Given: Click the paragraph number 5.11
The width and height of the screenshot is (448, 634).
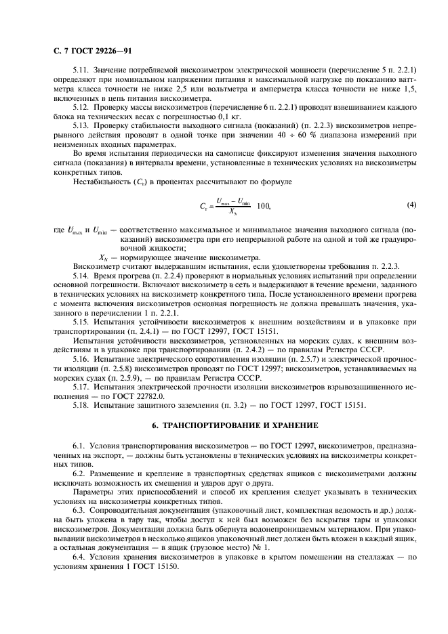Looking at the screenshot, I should click(x=81, y=70).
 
